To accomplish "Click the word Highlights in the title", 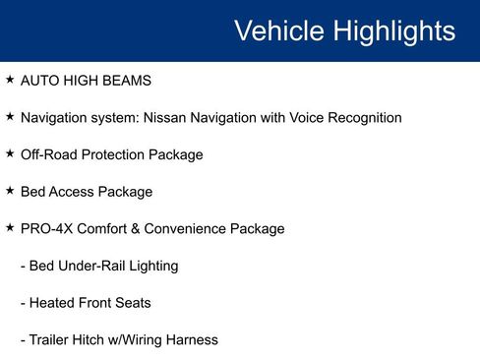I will click(x=391, y=30).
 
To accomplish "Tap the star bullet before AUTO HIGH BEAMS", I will click(x=10, y=79).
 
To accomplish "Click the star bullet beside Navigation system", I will click(x=10, y=116).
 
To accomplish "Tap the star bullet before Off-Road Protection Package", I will click(x=10, y=153).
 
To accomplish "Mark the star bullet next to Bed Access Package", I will click(x=10, y=191).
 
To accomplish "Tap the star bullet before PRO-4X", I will click(x=10, y=227).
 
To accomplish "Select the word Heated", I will click(x=51, y=303).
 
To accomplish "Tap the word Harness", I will click(x=191, y=340).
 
